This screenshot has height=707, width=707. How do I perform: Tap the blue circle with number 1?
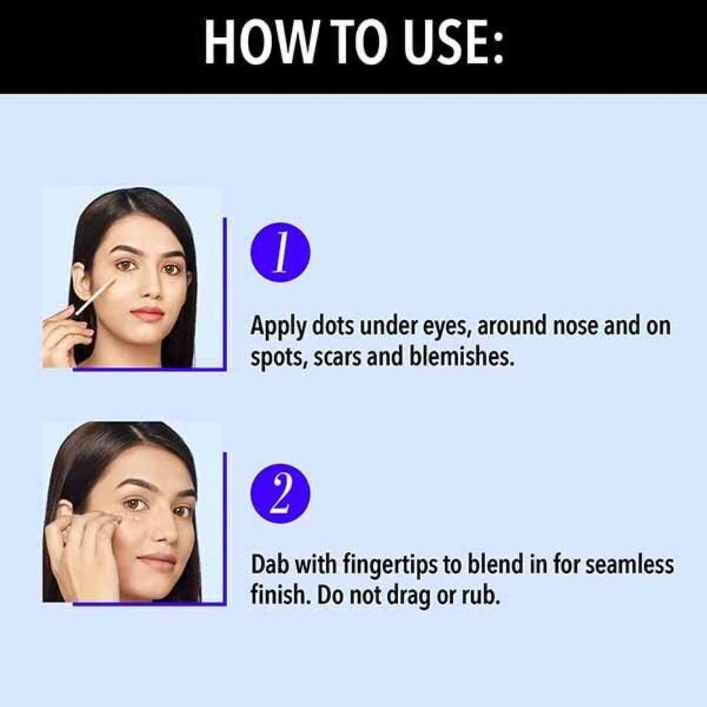[x=281, y=252]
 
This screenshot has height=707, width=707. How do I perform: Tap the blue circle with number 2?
[x=281, y=493]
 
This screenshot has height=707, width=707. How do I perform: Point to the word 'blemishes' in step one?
[x=461, y=357]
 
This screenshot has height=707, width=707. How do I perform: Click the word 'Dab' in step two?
[x=270, y=564]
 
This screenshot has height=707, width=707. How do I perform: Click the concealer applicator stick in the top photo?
[x=94, y=297]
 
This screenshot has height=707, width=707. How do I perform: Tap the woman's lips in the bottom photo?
[x=156, y=559]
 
